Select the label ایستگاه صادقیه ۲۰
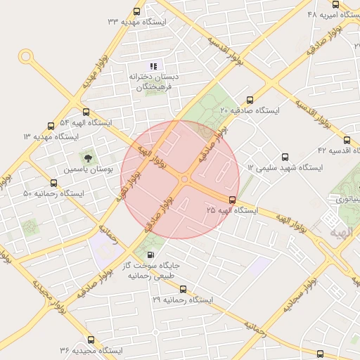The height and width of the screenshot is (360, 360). tap(250, 111)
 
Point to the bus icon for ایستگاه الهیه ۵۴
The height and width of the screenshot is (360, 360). tap(86, 111)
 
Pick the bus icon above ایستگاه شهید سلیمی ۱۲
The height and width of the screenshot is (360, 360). tap(285, 157)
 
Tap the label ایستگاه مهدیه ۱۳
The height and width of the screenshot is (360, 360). tap(51, 136)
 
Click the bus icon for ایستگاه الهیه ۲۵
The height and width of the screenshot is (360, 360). tap(233, 200)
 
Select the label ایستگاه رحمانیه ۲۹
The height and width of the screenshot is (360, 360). tap(182, 300)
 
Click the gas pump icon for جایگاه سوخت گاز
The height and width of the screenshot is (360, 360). tap(150, 255)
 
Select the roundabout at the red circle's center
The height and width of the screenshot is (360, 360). tap(185, 180)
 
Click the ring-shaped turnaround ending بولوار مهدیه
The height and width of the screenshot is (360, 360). tap(26, 56)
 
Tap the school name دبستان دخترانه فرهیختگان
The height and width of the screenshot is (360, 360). tap(154, 81)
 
